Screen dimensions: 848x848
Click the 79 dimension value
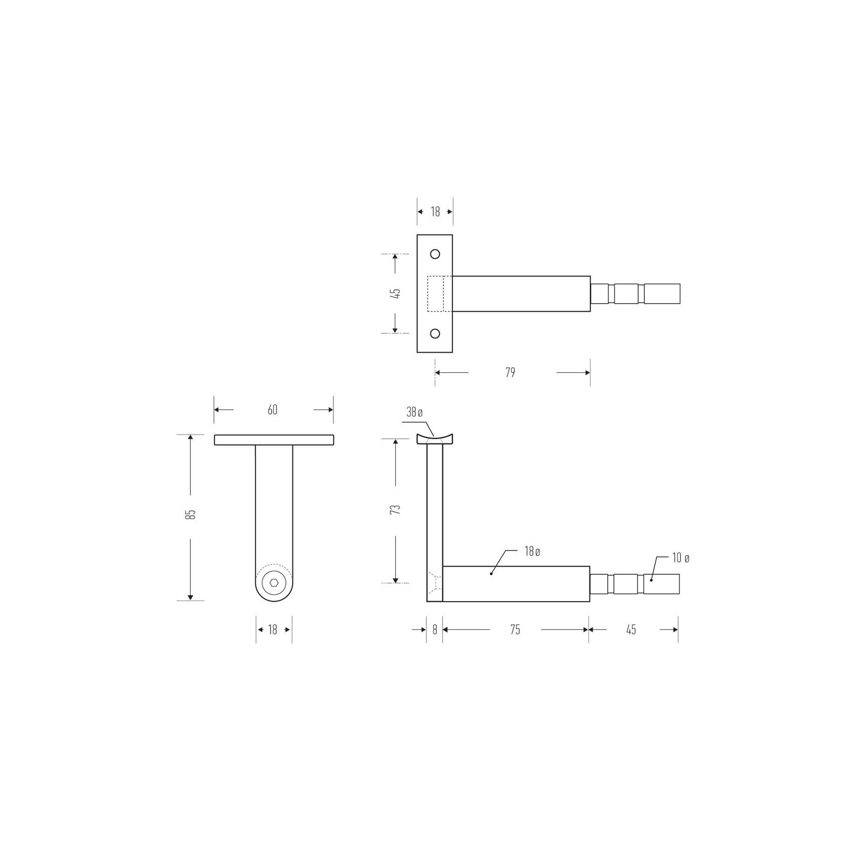[x=510, y=373]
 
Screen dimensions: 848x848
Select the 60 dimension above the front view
[x=273, y=410]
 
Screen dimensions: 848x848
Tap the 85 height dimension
[x=191, y=515]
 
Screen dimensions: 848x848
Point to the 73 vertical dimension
[x=396, y=509]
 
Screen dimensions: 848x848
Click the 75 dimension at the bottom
[x=515, y=630]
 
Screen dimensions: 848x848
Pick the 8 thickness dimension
[x=435, y=630]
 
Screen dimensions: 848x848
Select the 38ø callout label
[x=414, y=413]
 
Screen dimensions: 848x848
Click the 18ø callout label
[x=532, y=552]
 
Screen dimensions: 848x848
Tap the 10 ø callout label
[x=681, y=559]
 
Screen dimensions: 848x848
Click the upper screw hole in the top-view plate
[x=435, y=254]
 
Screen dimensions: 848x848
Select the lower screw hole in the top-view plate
[x=435, y=333]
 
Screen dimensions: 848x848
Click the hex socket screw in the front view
[x=274, y=582]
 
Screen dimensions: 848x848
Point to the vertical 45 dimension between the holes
[x=396, y=293]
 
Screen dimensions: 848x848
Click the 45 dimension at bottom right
[x=631, y=630]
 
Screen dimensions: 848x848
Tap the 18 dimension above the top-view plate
[x=435, y=212]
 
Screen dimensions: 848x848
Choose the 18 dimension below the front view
[x=273, y=630]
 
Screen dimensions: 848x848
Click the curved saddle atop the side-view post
[x=435, y=439]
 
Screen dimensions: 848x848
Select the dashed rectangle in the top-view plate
[x=436, y=293]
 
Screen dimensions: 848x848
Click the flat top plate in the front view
[x=274, y=440]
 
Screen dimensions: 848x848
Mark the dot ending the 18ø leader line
[x=491, y=574]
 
